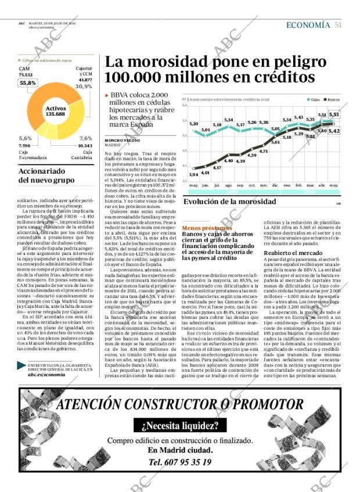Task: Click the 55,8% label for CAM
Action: [27, 83]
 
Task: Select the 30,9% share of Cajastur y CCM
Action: [84, 86]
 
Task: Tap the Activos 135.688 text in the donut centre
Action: [55, 111]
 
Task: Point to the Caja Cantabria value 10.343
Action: [85, 145]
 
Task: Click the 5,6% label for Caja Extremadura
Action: [25, 138]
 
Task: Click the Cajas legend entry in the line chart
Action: [315, 99]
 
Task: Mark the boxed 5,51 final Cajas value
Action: [334, 115]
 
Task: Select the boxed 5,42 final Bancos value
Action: [334, 131]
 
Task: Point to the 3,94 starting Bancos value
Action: [193, 174]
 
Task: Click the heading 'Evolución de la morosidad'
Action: [221, 202]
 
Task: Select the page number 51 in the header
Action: [338, 25]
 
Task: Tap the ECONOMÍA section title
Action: [308, 25]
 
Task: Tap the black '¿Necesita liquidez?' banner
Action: [179, 426]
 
